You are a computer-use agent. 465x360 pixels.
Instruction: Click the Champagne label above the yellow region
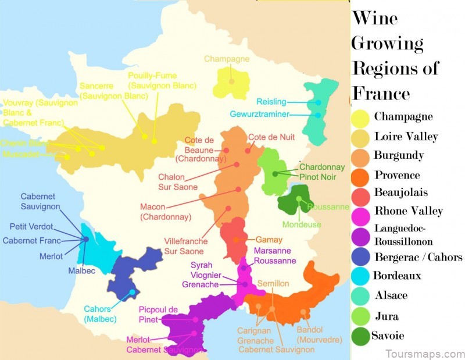coord(227,59)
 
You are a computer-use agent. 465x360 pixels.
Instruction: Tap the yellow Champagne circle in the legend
coord(361,117)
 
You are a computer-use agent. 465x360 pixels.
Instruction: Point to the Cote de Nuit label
coord(271,137)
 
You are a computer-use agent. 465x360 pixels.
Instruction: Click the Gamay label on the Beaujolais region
coord(269,240)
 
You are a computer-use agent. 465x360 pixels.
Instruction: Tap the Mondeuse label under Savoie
coord(301,224)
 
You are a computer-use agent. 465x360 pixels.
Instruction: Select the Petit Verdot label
coord(31,226)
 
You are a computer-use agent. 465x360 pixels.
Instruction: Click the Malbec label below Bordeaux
coord(81,270)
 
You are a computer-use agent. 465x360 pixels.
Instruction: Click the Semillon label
coord(273,283)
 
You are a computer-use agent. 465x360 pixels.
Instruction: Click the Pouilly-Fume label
coord(155,80)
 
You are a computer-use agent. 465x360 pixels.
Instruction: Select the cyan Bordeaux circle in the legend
coord(361,276)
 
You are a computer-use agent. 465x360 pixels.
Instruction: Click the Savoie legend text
coord(389,336)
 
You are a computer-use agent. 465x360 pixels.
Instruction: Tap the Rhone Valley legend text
coord(408,211)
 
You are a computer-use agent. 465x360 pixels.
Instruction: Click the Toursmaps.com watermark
coord(425,353)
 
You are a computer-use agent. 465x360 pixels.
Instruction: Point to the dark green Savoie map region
coord(295,202)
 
